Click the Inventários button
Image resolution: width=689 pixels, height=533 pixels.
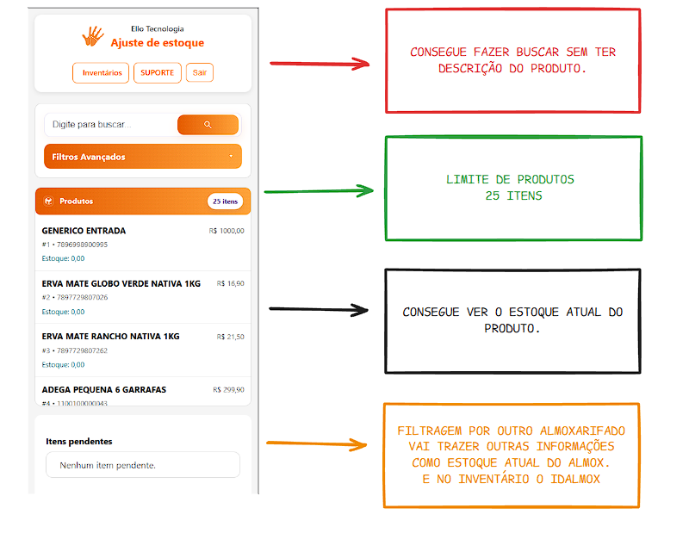click(x=101, y=73)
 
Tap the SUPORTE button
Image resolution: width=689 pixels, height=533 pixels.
click(x=158, y=73)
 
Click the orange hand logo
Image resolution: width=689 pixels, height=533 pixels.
click(x=93, y=36)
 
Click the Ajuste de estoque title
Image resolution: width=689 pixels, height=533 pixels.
click(x=158, y=42)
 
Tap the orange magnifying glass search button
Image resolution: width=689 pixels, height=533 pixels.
click(x=208, y=125)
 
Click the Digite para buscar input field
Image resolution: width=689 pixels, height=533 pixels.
click(x=111, y=125)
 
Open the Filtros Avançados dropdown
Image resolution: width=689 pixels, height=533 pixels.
click(x=143, y=157)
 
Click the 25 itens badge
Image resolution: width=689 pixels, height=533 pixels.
click(x=225, y=201)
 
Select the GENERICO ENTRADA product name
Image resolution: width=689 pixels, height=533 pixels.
click(x=84, y=231)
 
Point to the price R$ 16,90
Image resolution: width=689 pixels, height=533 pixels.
click(x=230, y=284)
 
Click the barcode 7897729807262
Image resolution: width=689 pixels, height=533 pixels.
click(x=82, y=350)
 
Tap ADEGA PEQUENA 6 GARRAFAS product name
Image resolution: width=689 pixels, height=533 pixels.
click(x=104, y=390)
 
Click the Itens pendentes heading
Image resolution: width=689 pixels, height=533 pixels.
click(x=79, y=441)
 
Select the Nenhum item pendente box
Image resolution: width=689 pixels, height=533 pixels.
click(x=143, y=465)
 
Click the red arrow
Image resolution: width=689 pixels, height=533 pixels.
click(x=320, y=65)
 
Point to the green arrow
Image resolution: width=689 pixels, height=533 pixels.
click(x=319, y=191)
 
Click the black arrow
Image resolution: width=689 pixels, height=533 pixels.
click(x=319, y=309)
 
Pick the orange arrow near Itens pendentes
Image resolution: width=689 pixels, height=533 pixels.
click(x=316, y=444)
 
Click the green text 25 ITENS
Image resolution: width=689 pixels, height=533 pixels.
click(x=513, y=195)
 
